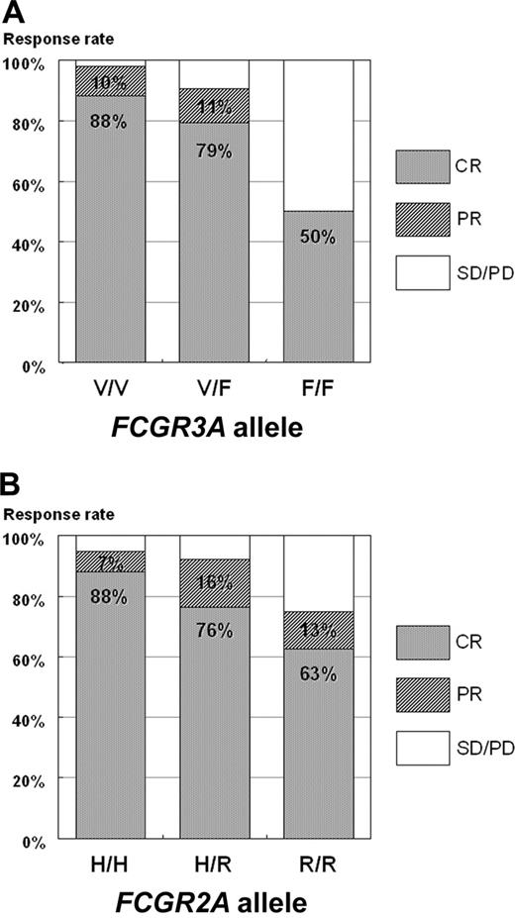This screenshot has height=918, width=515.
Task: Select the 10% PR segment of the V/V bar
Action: point(111,80)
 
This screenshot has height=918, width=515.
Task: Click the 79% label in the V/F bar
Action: point(213,151)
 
